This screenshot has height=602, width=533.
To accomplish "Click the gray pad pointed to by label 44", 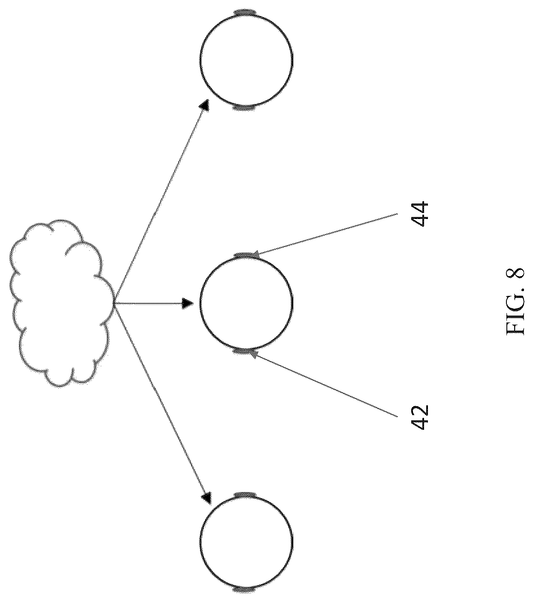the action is tap(245, 255).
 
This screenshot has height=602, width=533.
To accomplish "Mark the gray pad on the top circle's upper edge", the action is tap(245, 13).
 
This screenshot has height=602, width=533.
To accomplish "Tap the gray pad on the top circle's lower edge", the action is tap(244, 108).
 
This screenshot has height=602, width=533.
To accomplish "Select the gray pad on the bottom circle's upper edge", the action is tap(245, 495).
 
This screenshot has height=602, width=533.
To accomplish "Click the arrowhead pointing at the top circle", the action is tap(204, 106).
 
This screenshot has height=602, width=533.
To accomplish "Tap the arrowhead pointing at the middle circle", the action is tap(187, 304).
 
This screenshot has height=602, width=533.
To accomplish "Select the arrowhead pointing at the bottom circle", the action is tap(206, 498).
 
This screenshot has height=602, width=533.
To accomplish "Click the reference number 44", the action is tap(419, 214).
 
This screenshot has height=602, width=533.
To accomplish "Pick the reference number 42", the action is tap(419, 417).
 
